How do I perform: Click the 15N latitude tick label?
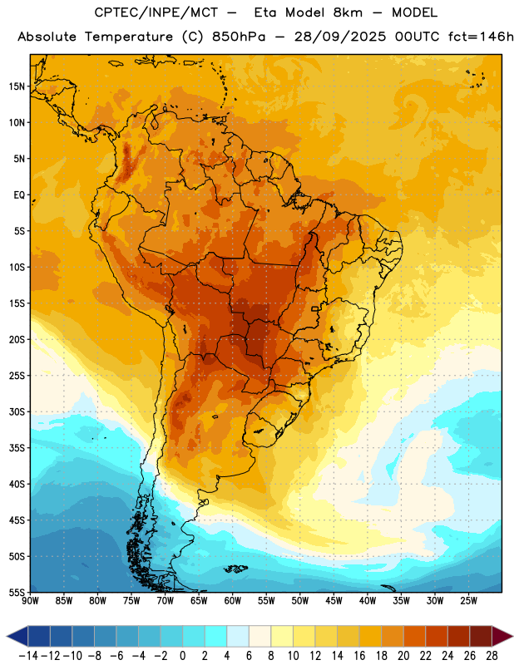tap(17, 86)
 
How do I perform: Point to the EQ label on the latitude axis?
tap(19, 195)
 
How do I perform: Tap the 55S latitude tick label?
tap(17, 593)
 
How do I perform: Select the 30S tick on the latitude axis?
tap(17, 411)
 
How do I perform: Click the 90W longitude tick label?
tap(30, 600)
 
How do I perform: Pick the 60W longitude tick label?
tap(233, 600)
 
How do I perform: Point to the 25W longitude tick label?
tap(468, 600)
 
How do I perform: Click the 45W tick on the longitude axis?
tap(334, 600)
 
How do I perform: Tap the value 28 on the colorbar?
tap(492, 656)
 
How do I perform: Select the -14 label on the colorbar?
tap(28, 656)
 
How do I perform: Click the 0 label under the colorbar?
tap(182, 656)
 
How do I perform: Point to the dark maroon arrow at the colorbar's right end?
tap(502, 636)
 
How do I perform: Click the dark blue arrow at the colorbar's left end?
tap(17, 636)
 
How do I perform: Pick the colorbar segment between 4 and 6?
tap(238, 636)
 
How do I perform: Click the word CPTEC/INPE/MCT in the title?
tap(156, 12)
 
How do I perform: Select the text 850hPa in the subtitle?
tap(239, 37)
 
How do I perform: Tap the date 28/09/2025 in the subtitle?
tap(340, 37)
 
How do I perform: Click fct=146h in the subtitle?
tap(481, 37)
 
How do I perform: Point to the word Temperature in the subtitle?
tap(129, 37)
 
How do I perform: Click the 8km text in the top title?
tap(348, 12)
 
